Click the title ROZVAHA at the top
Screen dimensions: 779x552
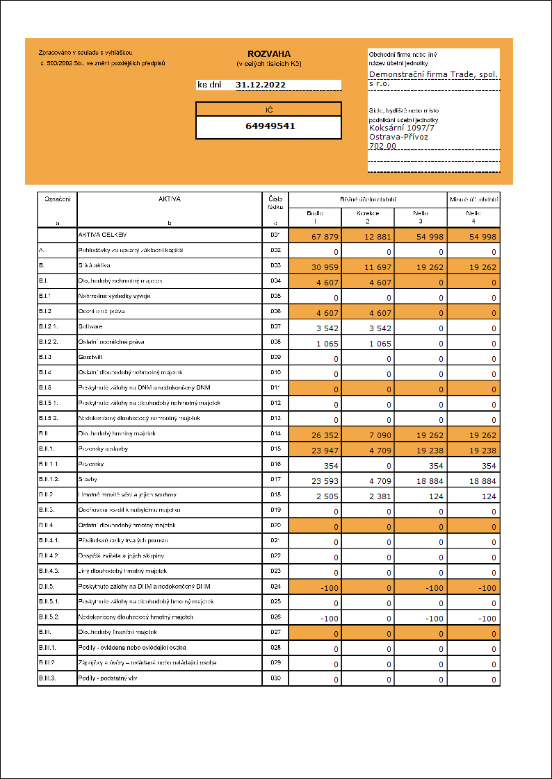click(x=269, y=53)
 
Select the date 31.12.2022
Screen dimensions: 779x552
click(x=261, y=85)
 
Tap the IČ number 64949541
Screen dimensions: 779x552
click(x=268, y=126)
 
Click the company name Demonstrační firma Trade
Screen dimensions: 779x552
click(x=433, y=74)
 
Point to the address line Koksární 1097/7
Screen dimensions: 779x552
click(x=403, y=128)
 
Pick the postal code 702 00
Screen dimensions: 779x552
click(x=382, y=146)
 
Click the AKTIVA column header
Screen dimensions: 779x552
click(x=169, y=199)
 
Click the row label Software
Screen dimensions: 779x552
click(x=91, y=326)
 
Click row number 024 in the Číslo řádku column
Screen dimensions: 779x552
click(x=275, y=586)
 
